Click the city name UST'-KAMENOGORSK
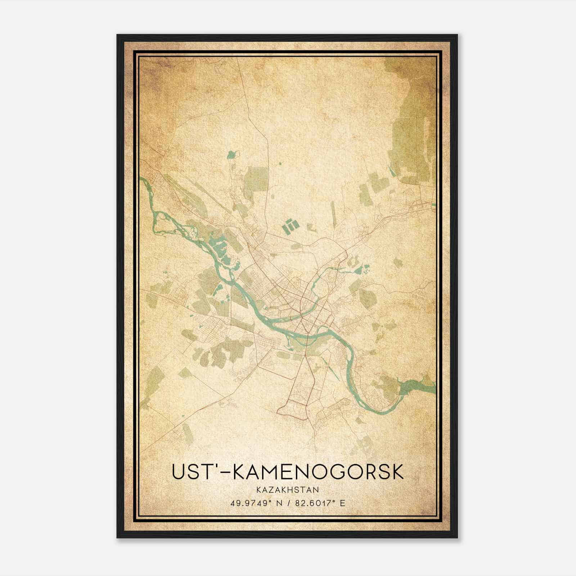(288, 472)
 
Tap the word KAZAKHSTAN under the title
(288, 490)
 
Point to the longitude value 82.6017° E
(320, 503)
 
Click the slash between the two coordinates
(288, 503)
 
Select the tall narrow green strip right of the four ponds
(333, 212)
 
